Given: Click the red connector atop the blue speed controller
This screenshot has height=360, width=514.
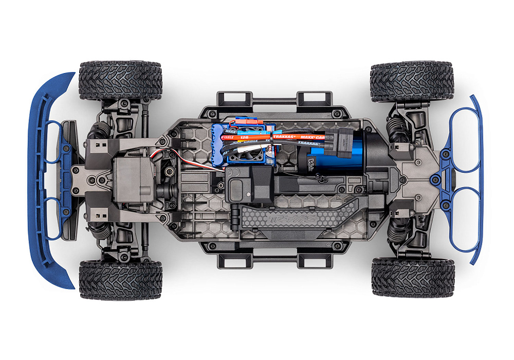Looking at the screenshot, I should pyautogui.click(x=254, y=123).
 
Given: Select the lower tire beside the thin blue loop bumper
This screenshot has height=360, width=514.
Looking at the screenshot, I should pyautogui.click(x=412, y=278).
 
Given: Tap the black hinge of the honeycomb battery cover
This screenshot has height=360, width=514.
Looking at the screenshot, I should pyautogui.click(x=233, y=211).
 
